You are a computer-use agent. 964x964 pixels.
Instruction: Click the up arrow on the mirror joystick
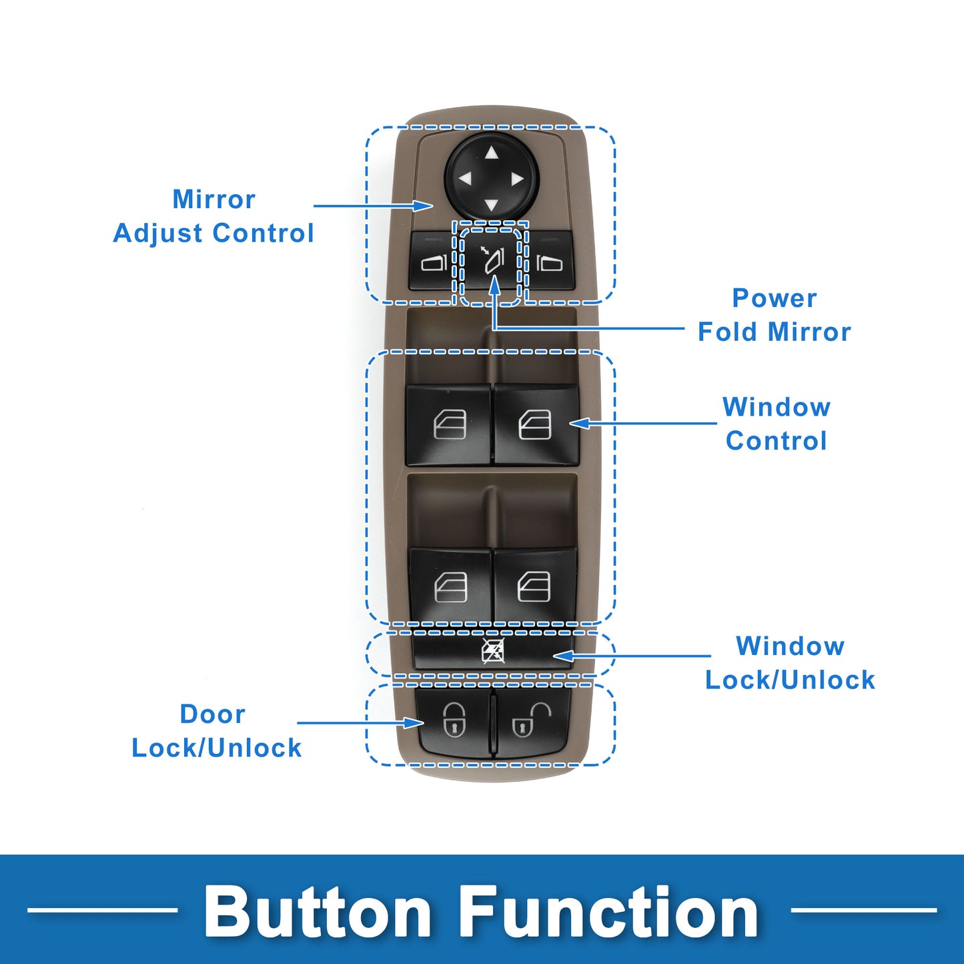click(492, 153)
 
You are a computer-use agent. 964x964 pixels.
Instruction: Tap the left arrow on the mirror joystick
click(465, 179)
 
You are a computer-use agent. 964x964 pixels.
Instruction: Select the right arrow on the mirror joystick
click(517, 179)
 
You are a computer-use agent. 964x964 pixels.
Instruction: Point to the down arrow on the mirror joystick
click(492, 204)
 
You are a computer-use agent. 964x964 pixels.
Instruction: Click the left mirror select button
click(433, 262)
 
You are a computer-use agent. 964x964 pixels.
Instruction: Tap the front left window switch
click(449, 424)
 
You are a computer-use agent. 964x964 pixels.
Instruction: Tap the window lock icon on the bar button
click(493, 651)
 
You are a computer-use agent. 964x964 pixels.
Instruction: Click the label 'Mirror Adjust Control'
click(213, 216)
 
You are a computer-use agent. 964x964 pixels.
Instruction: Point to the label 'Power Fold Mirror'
click(774, 315)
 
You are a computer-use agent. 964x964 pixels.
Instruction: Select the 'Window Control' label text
click(777, 424)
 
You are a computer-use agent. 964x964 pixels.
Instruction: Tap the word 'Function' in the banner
click(610, 911)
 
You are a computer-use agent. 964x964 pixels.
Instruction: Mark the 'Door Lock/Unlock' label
click(216, 731)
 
